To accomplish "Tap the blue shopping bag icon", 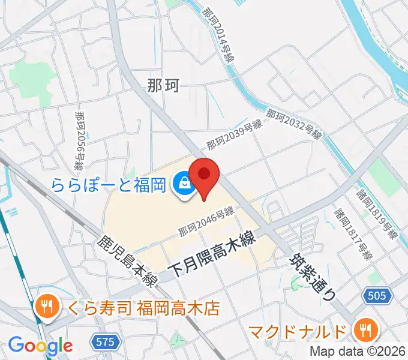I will coord(182,184).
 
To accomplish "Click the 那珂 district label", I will coord(163,86).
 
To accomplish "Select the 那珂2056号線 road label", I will coord(80,139).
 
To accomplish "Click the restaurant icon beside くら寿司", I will coord(46,308).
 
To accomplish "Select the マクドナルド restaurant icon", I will coord(364,329).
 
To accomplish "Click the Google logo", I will coord(40,345).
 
